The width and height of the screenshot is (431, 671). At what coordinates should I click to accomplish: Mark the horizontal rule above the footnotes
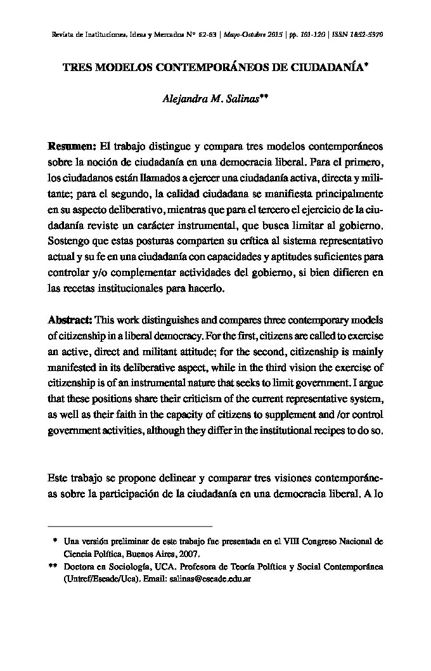pyautogui.click(x=131, y=526)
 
